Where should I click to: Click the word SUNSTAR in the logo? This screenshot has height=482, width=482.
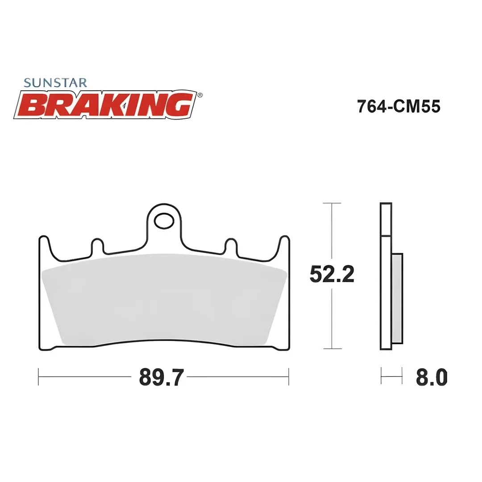pos(55,83)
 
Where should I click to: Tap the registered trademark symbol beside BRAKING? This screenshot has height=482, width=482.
pos(200,95)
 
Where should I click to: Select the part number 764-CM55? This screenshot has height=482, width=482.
pos(399,107)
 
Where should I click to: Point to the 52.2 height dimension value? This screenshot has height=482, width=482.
pos(332,274)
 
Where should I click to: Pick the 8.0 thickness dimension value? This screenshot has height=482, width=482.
pos(431,378)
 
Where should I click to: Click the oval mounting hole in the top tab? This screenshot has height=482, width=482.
pos(164,220)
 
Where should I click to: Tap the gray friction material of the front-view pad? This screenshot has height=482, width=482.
pos(164,299)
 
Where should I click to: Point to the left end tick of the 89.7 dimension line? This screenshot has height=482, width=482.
pos(39,377)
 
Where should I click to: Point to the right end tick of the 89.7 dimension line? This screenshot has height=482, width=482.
pos(289,377)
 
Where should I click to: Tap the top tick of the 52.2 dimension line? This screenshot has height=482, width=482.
pos(332,203)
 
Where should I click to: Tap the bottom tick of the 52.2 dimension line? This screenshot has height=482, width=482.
pos(332,349)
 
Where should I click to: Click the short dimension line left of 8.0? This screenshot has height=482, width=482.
pos(391,377)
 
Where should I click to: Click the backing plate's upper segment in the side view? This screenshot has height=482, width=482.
pos(386,219)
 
